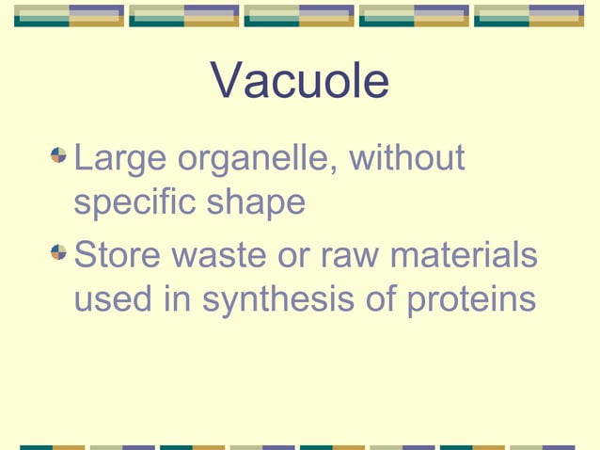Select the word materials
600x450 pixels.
[x=465, y=254]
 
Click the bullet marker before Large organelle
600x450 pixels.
[x=59, y=153]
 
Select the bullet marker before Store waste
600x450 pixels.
[x=59, y=249]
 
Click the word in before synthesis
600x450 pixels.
[x=173, y=300]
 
